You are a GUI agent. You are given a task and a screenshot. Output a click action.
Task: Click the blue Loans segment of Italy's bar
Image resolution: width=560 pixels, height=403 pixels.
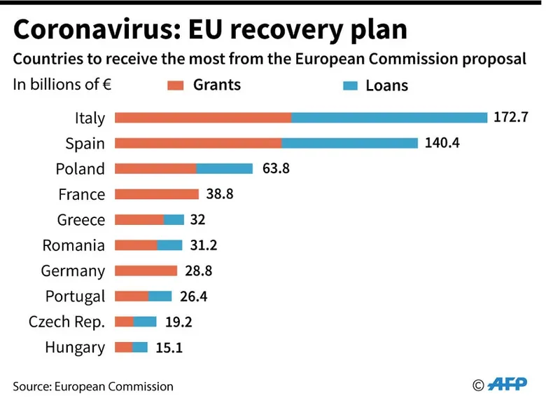[388, 118]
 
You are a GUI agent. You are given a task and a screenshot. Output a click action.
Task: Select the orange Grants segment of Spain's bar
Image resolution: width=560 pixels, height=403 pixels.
[198, 143]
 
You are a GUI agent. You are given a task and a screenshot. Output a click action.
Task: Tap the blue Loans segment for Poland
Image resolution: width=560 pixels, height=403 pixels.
[224, 169]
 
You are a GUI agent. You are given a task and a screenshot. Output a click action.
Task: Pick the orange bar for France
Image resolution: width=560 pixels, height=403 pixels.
[157, 194]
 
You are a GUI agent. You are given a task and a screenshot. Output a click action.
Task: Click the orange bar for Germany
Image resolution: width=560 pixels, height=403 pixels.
[146, 271]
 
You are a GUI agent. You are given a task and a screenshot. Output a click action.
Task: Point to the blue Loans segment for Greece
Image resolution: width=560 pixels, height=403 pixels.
[174, 219]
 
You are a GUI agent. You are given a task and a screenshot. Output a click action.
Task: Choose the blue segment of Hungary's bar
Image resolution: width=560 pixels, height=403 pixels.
[140, 347]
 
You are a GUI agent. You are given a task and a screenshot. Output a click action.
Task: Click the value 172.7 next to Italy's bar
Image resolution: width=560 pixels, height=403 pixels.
[510, 117]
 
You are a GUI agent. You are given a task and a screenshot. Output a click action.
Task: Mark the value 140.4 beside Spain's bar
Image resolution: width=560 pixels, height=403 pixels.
[442, 143]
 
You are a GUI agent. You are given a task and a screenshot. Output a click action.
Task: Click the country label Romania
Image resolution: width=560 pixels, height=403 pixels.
[73, 245]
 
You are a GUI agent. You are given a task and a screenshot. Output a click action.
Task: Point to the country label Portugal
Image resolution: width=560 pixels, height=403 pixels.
[75, 296]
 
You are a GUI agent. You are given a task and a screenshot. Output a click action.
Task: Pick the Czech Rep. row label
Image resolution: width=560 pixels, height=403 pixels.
[66, 322]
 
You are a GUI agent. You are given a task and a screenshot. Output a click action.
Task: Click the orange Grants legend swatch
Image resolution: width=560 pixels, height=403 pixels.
[175, 86]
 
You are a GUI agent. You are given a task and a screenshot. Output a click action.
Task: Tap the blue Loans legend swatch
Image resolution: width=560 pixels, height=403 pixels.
[351, 86]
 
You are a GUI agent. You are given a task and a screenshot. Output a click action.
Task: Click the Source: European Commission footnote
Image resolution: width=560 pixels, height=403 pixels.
[92, 386]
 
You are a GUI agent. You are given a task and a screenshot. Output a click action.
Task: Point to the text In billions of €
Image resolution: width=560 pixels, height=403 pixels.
[62, 85]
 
